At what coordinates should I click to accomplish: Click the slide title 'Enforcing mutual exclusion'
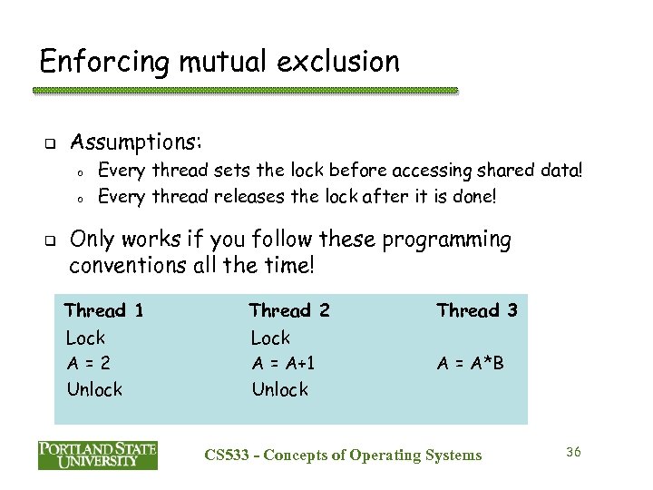[x=219, y=62]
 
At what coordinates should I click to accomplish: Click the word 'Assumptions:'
[x=136, y=142]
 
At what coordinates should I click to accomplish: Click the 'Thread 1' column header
[x=104, y=310]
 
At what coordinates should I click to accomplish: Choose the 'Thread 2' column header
[x=289, y=310]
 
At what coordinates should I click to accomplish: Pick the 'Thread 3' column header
[x=476, y=310]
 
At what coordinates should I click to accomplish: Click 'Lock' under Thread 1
[x=86, y=338]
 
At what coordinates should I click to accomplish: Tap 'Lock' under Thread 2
[x=270, y=338]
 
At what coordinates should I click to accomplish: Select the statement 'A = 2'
[x=89, y=363]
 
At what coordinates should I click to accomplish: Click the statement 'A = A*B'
[x=470, y=363]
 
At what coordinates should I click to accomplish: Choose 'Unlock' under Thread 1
[x=95, y=389]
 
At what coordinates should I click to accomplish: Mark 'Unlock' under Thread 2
[x=279, y=389]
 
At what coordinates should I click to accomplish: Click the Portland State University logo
[x=98, y=455]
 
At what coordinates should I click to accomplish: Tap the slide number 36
[x=572, y=452]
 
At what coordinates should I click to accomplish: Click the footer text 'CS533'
[x=227, y=455]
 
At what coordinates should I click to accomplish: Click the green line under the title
[x=245, y=91]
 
